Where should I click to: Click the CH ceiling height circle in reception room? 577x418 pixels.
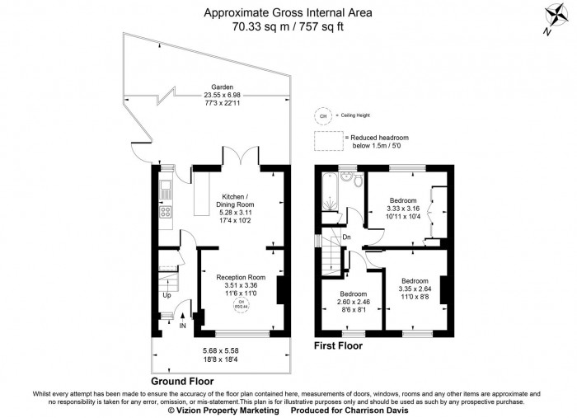coord(242,306)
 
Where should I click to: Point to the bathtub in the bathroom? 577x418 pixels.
coord(327,195)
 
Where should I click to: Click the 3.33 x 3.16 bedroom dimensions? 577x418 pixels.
coord(403,209)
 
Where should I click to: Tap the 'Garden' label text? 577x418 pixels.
coord(222,87)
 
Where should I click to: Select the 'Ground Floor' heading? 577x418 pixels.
coord(182,381)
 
